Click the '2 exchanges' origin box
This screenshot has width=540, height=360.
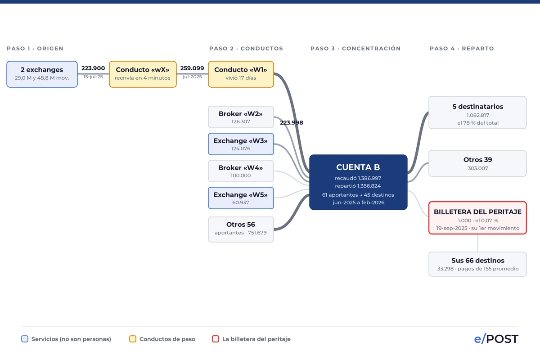coord(42,74)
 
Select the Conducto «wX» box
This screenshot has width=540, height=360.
coord(143,74)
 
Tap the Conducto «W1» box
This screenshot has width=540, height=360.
coord(241,74)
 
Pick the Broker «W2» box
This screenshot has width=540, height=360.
coord(241,117)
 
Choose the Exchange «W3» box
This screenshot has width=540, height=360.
coord(241,144)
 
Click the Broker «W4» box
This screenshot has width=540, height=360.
coord(241,171)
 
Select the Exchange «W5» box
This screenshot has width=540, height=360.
coord(241,198)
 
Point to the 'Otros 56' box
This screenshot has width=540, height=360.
coord(241,229)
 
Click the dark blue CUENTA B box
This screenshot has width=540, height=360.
coord(358,182)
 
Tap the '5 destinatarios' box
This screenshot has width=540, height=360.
coord(477,112)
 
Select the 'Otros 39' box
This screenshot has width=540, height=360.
coord(477,163)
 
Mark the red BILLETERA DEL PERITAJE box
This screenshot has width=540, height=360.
coord(477,218)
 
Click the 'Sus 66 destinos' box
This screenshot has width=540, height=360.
coord(477,264)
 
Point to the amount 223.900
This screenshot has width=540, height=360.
coord(93,68)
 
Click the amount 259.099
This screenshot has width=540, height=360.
coord(192,68)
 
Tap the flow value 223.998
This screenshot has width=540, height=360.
coord(292,123)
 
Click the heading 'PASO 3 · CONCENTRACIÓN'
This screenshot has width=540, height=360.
coord(355,49)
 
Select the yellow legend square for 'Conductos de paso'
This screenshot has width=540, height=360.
coord(133,339)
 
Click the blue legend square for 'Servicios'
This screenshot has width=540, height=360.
coord(25,339)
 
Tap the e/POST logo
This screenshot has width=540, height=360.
coord(496,339)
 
